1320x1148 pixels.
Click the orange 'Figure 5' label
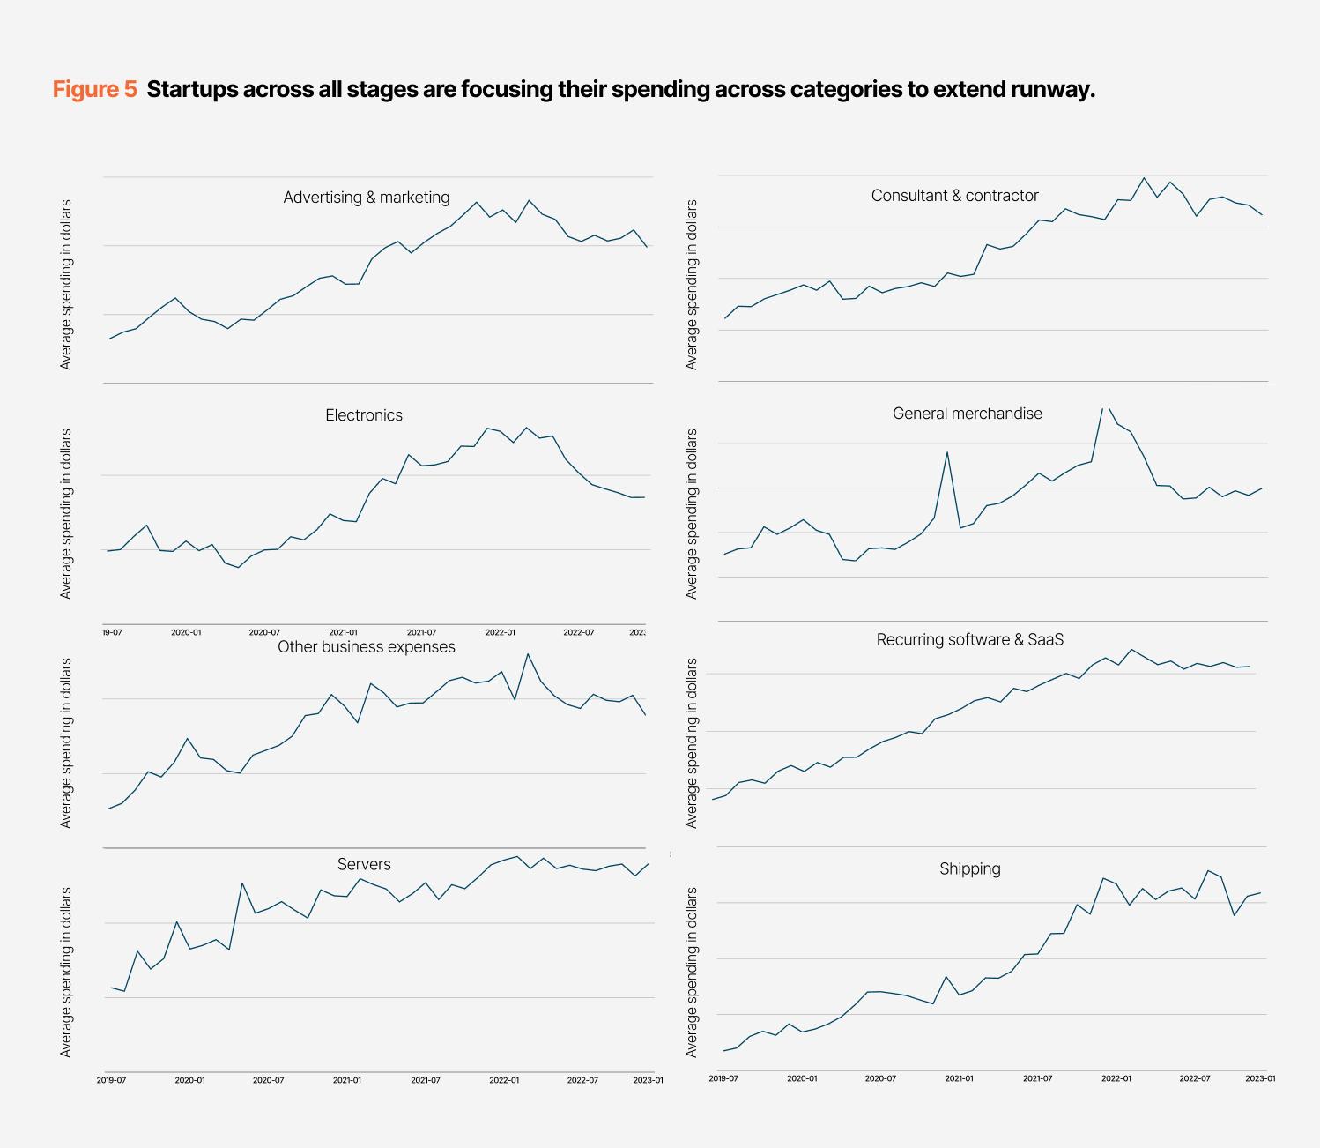[x=95, y=90]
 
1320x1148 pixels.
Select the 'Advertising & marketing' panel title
[x=367, y=198]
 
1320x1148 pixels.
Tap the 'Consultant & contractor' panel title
[x=954, y=196]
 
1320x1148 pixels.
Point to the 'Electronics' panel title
[x=364, y=415]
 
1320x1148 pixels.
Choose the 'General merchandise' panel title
[x=967, y=414]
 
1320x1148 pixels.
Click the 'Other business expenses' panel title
[x=367, y=647]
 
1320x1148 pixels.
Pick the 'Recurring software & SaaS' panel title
[x=969, y=640]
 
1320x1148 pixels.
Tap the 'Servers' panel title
[x=364, y=865]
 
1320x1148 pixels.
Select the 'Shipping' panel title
[x=969, y=869]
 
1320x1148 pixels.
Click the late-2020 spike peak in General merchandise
[x=947, y=452]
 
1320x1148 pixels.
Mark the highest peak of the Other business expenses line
[x=528, y=654]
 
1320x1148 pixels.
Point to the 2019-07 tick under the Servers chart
[x=111, y=1080]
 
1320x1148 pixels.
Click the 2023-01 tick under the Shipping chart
[x=1260, y=1078]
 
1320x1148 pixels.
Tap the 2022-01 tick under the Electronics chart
[x=500, y=632]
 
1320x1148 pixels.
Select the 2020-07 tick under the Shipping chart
[x=880, y=1078]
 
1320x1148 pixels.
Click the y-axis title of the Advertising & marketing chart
[x=66, y=284]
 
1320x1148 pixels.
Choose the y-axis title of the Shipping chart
[x=692, y=972]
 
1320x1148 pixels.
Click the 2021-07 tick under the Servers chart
[x=426, y=1080]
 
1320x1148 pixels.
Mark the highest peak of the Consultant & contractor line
[x=1144, y=178]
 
